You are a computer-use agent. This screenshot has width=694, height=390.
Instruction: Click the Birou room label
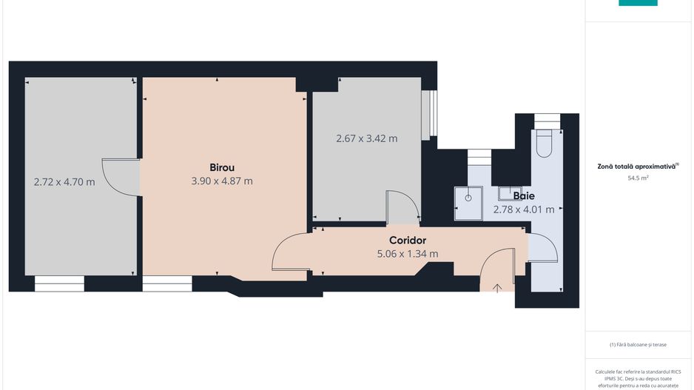point(222,167)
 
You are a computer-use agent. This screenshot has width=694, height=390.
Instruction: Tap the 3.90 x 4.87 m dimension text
point(222,181)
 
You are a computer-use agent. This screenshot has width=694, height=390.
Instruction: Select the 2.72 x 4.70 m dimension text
point(64,182)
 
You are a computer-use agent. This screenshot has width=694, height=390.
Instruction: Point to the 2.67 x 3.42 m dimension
point(367,138)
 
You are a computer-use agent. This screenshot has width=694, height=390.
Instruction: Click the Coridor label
point(408,241)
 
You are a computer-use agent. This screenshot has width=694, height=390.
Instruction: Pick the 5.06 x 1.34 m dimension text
point(408,254)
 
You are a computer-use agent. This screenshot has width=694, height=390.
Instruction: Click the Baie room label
point(524,195)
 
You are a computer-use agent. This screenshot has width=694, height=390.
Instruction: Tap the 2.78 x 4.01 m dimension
point(524,209)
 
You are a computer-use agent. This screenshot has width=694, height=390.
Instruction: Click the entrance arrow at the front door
point(497,288)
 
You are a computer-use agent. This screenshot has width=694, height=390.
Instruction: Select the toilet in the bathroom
point(544,144)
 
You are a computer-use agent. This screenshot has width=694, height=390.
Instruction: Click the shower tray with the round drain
point(468,204)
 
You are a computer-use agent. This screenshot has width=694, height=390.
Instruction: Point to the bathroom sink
point(510,193)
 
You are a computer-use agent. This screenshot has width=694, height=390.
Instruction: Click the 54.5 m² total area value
point(638,178)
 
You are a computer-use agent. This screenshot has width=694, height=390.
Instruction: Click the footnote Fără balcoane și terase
point(638,344)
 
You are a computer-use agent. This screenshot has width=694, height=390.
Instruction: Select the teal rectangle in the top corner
point(638,3)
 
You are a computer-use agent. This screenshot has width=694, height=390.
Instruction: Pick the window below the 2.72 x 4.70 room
point(59,283)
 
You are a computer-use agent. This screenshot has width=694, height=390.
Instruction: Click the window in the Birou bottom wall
point(167,283)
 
